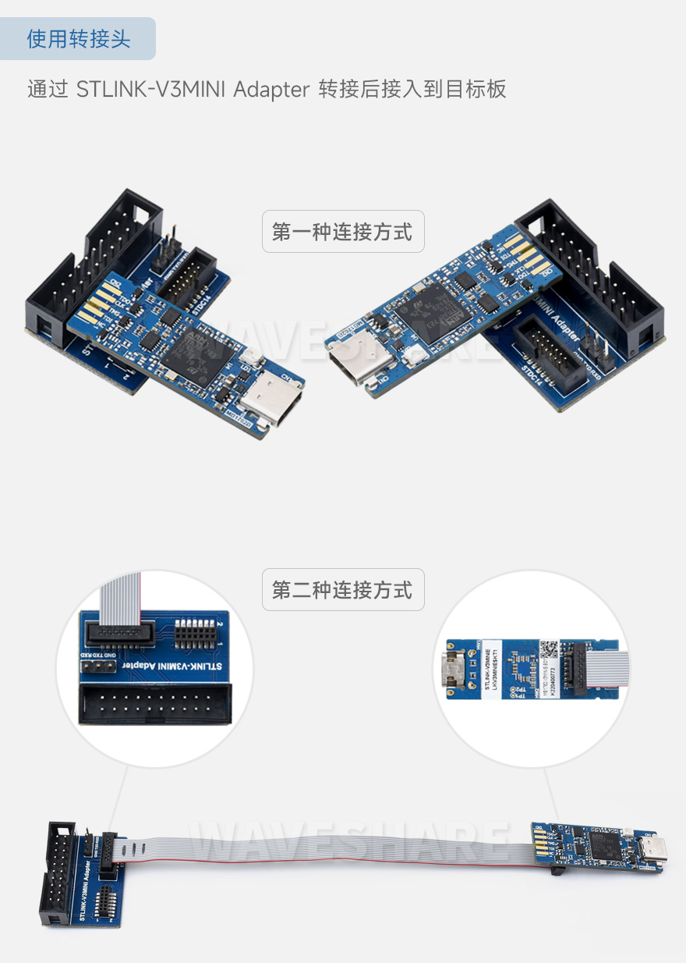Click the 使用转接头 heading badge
(78, 39)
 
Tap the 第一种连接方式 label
(342, 232)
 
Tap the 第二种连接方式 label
(342, 590)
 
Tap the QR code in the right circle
(550, 649)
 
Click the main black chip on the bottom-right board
(603, 844)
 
